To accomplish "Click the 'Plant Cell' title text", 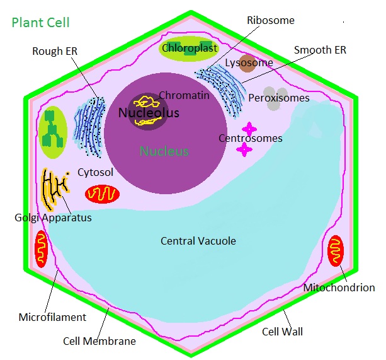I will [40, 23].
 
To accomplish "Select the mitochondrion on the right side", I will [336, 251].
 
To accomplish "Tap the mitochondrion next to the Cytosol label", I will [102, 194].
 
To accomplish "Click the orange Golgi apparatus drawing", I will [55, 189].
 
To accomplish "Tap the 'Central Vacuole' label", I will [198, 241].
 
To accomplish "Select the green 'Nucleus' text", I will [164, 151].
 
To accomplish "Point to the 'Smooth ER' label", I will [321, 50].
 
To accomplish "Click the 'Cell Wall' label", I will [282, 330].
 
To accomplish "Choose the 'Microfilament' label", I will [52, 317].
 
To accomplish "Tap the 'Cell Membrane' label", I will [99, 341].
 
